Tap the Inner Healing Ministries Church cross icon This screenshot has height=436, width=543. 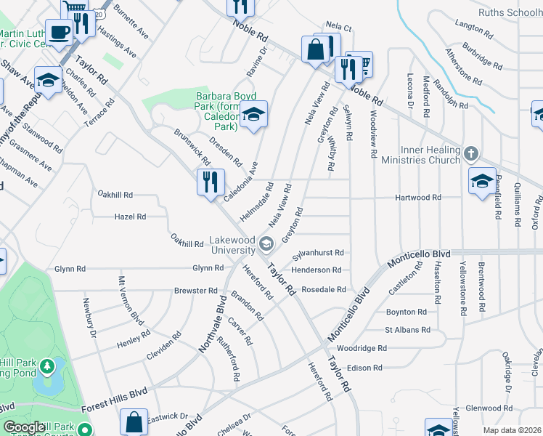471,153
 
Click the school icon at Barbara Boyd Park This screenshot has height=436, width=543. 253,114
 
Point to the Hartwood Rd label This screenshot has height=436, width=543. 417,197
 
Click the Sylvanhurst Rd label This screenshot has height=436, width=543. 317,253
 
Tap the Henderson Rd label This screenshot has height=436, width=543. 317,270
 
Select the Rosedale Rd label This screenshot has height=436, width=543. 324,289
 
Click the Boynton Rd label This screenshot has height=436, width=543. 407,312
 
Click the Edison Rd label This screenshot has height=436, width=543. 364,368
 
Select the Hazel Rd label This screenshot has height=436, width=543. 130,217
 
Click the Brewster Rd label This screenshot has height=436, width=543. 196,291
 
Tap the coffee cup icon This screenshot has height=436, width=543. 58,31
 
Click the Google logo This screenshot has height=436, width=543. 23,428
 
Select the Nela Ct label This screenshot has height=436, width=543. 338,28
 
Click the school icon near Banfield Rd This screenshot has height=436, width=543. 482,181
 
